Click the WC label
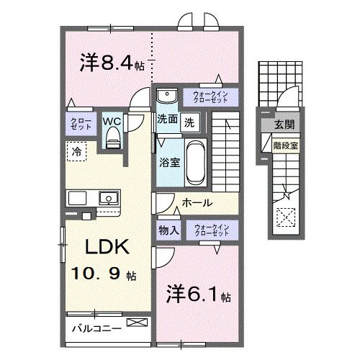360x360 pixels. (x=112, y=121)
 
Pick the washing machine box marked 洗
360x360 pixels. (x=188, y=122)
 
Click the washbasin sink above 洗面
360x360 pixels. (x=166, y=96)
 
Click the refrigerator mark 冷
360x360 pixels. (x=76, y=151)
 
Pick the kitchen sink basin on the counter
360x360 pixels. (x=108, y=198)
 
